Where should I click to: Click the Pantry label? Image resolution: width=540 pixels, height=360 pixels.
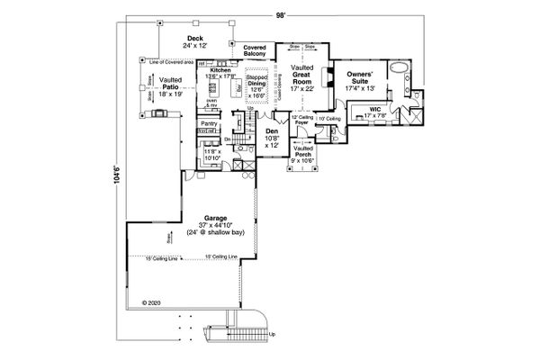tap(209, 122)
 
